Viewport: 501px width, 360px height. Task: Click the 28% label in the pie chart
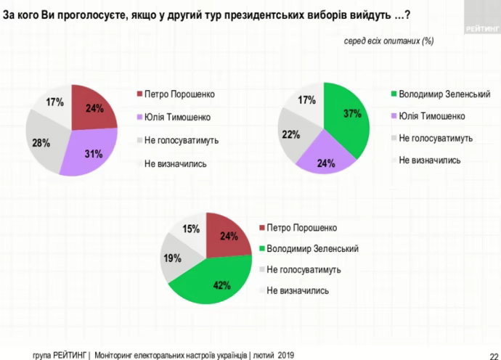click(41, 143)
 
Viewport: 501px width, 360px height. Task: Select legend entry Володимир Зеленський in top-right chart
click(441, 94)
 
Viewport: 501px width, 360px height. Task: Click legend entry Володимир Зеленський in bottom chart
click(312, 248)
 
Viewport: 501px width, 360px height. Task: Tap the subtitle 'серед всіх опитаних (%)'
click(388, 41)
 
